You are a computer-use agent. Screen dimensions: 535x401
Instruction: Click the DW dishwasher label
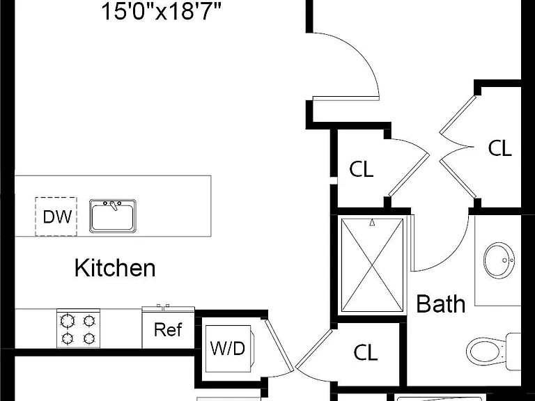pyautogui.click(x=57, y=217)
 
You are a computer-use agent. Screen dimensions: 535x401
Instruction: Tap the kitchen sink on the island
pyautogui.click(x=113, y=217)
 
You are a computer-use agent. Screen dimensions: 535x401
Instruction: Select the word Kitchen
pyautogui.click(x=115, y=268)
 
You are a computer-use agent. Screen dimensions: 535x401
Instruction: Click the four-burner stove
pyautogui.click(x=78, y=329)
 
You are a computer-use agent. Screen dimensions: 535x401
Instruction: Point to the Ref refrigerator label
pyautogui.click(x=168, y=329)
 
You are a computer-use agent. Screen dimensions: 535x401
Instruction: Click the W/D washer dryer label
pyautogui.click(x=228, y=349)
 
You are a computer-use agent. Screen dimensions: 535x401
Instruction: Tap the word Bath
pyautogui.click(x=441, y=304)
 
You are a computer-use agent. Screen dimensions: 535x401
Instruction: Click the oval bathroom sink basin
pyautogui.click(x=499, y=260)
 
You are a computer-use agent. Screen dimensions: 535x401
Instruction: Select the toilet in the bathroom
pyautogui.click(x=493, y=351)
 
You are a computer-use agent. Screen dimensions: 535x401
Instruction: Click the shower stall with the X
pyautogui.click(x=372, y=265)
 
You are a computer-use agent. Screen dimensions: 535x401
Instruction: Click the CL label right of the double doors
pyautogui.click(x=500, y=148)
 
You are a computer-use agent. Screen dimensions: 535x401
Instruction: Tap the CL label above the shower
pyautogui.click(x=362, y=169)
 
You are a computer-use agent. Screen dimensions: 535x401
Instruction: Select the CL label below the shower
pyautogui.click(x=366, y=352)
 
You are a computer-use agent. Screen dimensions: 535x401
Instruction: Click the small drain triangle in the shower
pyautogui.click(x=372, y=223)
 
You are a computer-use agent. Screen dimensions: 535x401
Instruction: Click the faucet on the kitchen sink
pyautogui.click(x=113, y=205)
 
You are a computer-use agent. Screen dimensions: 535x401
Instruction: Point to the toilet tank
pyautogui.click(x=513, y=351)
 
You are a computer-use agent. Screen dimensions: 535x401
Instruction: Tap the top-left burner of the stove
pyautogui.click(x=67, y=320)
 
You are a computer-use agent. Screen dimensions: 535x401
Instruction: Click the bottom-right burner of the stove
pyautogui.click(x=89, y=338)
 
